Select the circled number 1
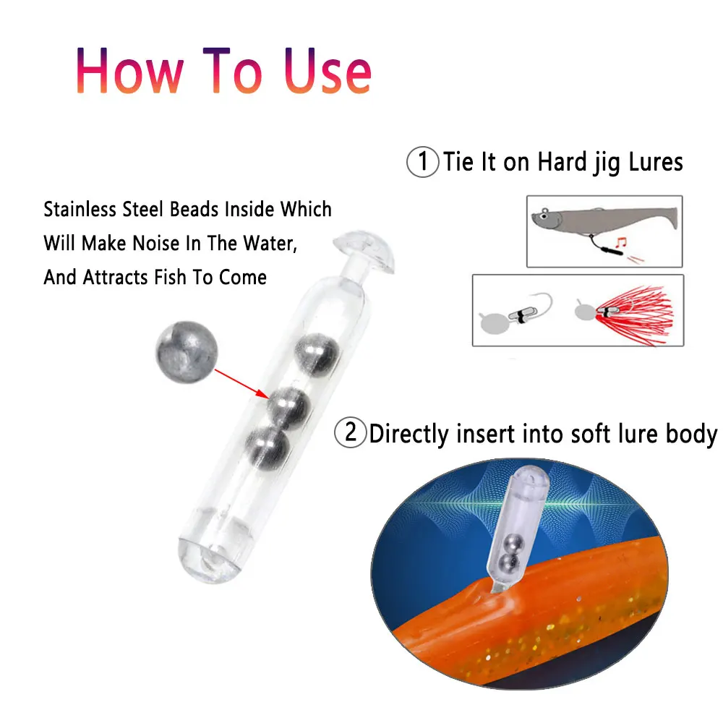pos(423,162)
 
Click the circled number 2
pos(351,434)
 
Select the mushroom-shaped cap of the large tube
pos(367,256)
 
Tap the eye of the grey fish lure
pos(544,215)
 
